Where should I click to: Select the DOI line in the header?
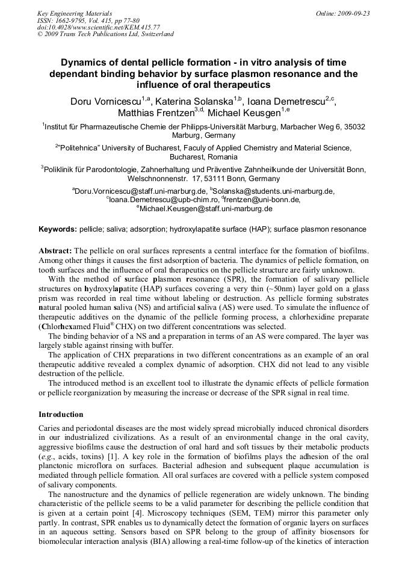90,27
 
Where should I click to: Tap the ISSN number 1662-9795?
74,20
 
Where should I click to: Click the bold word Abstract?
55,250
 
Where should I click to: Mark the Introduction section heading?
61,415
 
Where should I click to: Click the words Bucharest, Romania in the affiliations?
204,156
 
